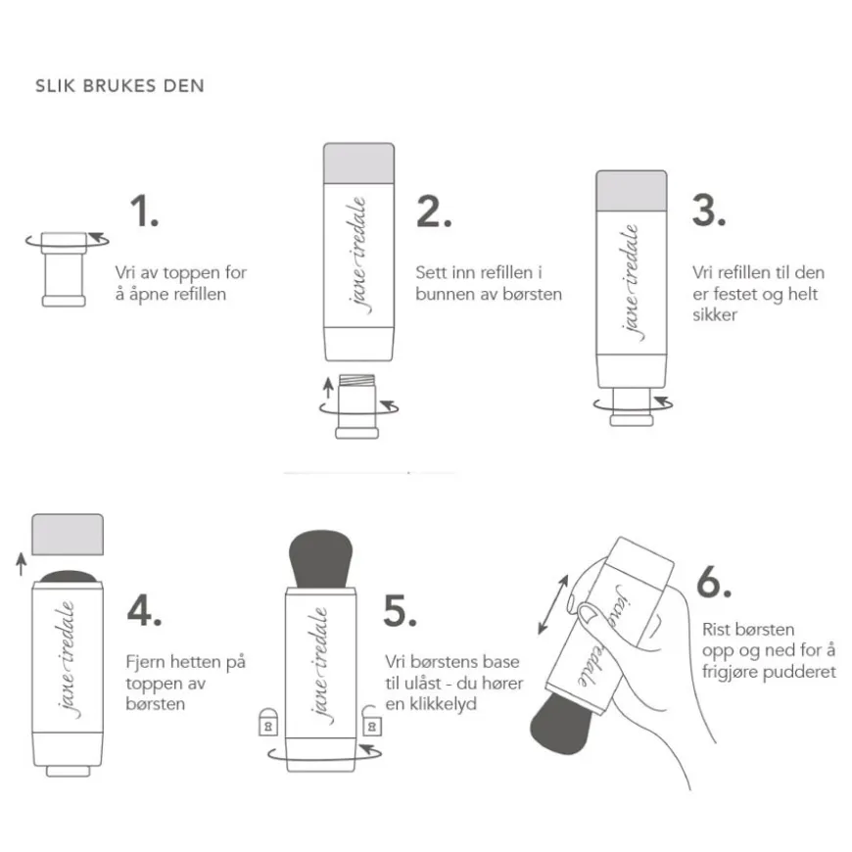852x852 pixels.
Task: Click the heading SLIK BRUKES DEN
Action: click(119, 86)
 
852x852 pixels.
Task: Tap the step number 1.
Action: click(144, 211)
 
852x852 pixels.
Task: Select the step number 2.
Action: click(434, 211)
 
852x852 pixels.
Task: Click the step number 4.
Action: click(144, 610)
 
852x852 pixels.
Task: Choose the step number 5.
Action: click(400, 611)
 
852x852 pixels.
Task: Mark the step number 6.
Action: click(714, 582)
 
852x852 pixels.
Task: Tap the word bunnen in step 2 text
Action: click(443, 294)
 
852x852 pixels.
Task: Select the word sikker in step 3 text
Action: click(715, 314)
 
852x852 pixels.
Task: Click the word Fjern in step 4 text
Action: click(146, 662)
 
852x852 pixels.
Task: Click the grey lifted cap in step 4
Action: click(68, 534)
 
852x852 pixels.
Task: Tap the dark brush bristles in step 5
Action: click(320, 558)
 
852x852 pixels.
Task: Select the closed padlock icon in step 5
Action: click(268, 722)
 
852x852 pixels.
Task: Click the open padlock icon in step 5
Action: click(371, 721)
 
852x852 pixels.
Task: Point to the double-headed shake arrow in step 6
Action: click(552, 605)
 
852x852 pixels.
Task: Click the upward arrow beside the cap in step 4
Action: click(22, 564)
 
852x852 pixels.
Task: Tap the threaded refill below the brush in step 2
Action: click(357, 405)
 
